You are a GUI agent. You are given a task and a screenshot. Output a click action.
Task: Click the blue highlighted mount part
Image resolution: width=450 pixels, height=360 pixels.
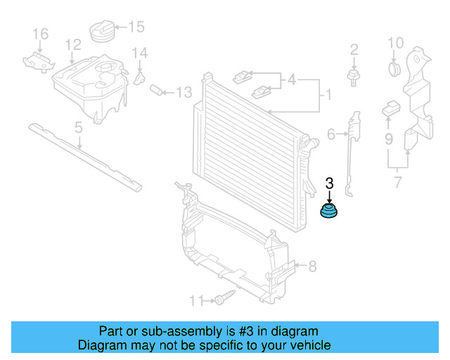pyautogui.click(x=329, y=210)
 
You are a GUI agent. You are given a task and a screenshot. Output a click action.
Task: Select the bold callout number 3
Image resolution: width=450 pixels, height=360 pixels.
pyautogui.click(x=329, y=184)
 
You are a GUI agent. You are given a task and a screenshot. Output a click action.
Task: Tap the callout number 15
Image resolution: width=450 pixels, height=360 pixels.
pyautogui.click(x=135, y=27)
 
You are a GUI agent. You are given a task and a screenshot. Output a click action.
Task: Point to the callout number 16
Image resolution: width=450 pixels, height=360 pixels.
pyautogui.click(x=41, y=34)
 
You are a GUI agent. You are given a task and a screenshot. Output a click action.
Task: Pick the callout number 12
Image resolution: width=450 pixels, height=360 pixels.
pyautogui.click(x=73, y=45)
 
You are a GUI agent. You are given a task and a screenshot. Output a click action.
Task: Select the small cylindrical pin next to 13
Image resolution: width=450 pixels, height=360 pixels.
pyautogui.click(x=158, y=90)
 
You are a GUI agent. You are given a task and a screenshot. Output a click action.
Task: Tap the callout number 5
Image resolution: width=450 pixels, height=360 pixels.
pyautogui.click(x=79, y=127)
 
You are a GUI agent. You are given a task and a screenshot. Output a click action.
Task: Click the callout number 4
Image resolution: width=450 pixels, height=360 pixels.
pyautogui.click(x=291, y=79)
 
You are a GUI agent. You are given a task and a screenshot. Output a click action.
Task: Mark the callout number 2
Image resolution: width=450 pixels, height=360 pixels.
pyautogui.click(x=354, y=49)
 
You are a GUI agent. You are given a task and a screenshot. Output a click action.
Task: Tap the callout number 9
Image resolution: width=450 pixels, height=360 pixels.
pyautogui.click(x=388, y=139)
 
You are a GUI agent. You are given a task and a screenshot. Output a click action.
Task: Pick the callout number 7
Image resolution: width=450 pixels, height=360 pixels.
pyautogui.click(x=397, y=184)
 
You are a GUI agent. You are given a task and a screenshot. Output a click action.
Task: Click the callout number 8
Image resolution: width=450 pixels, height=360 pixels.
pyautogui.click(x=312, y=266)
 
